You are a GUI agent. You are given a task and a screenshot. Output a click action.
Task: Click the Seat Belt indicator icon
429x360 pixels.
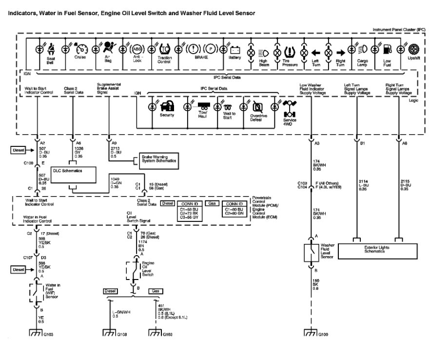pos(52,49)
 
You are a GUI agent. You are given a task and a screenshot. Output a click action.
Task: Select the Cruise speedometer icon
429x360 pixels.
pos(80,49)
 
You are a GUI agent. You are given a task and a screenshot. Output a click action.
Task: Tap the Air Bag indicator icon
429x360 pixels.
pos(110,49)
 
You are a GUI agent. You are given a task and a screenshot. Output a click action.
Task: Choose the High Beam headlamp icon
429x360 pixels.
pos(262,52)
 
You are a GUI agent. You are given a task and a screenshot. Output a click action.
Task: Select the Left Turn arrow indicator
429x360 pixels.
pos(316,52)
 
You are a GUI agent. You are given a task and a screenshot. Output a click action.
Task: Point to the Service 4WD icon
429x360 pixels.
pos(290,106)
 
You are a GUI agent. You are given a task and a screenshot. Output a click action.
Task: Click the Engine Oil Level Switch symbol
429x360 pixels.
pos(133,270)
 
